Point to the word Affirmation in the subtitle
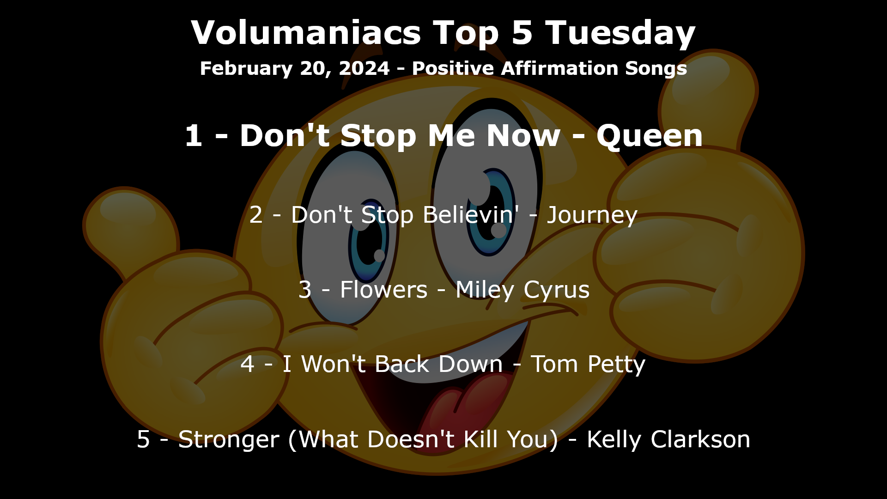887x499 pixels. [x=559, y=68]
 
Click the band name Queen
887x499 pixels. [x=650, y=136]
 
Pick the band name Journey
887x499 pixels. [x=592, y=215]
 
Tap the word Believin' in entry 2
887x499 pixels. [x=471, y=214]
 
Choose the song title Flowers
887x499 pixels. [x=383, y=290]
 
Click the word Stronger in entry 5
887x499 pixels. [x=229, y=440]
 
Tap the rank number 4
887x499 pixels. [x=248, y=364]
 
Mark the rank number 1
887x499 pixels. [x=193, y=136]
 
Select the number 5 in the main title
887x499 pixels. [x=522, y=33]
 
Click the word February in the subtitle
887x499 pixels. [x=247, y=69]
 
